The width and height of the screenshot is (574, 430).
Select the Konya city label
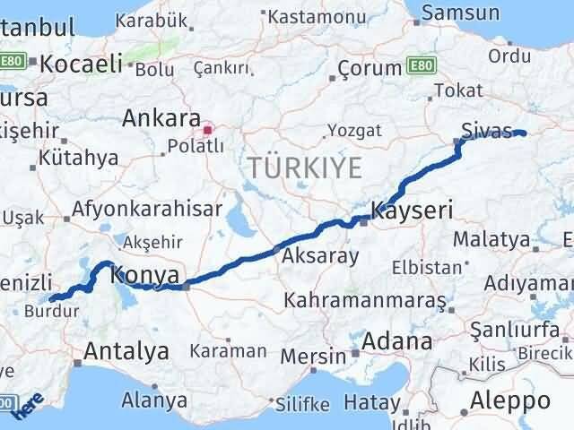pyautogui.click(x=144, y=275)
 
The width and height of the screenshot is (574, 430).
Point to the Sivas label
pyautogui.click(x=483, y=131)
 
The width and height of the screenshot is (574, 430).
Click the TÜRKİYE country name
pyautogui.click(x=305, y=167)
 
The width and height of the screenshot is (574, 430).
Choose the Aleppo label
pyautogui.click(x=514, y=400)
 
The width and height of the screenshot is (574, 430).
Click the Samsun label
pyautogui.click(x=460, y=13)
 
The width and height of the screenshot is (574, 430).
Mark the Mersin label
pyautogui.click(x=313, y=356)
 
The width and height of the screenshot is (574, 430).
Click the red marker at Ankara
pyautogui.click(x=208, y=129)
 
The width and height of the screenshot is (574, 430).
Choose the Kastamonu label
pyautogui.click(x=308, y=16)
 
